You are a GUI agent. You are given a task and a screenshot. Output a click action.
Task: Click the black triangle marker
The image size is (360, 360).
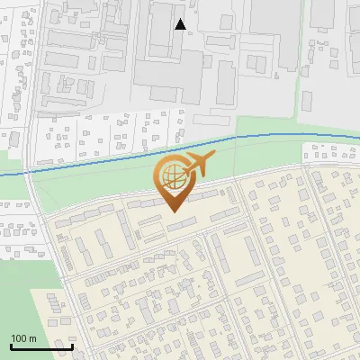coord(180,24)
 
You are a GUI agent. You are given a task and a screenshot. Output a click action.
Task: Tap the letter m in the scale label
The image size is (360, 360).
coord(33,338)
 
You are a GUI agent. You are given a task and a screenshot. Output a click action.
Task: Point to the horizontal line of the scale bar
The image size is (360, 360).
coord(41,346)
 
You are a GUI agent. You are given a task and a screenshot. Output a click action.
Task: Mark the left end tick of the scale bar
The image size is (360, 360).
coord(11,345)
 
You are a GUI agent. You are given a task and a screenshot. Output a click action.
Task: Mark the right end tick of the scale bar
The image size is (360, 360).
coord(73,345)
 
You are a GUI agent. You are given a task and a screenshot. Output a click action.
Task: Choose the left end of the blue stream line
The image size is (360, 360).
coord(1,174)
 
